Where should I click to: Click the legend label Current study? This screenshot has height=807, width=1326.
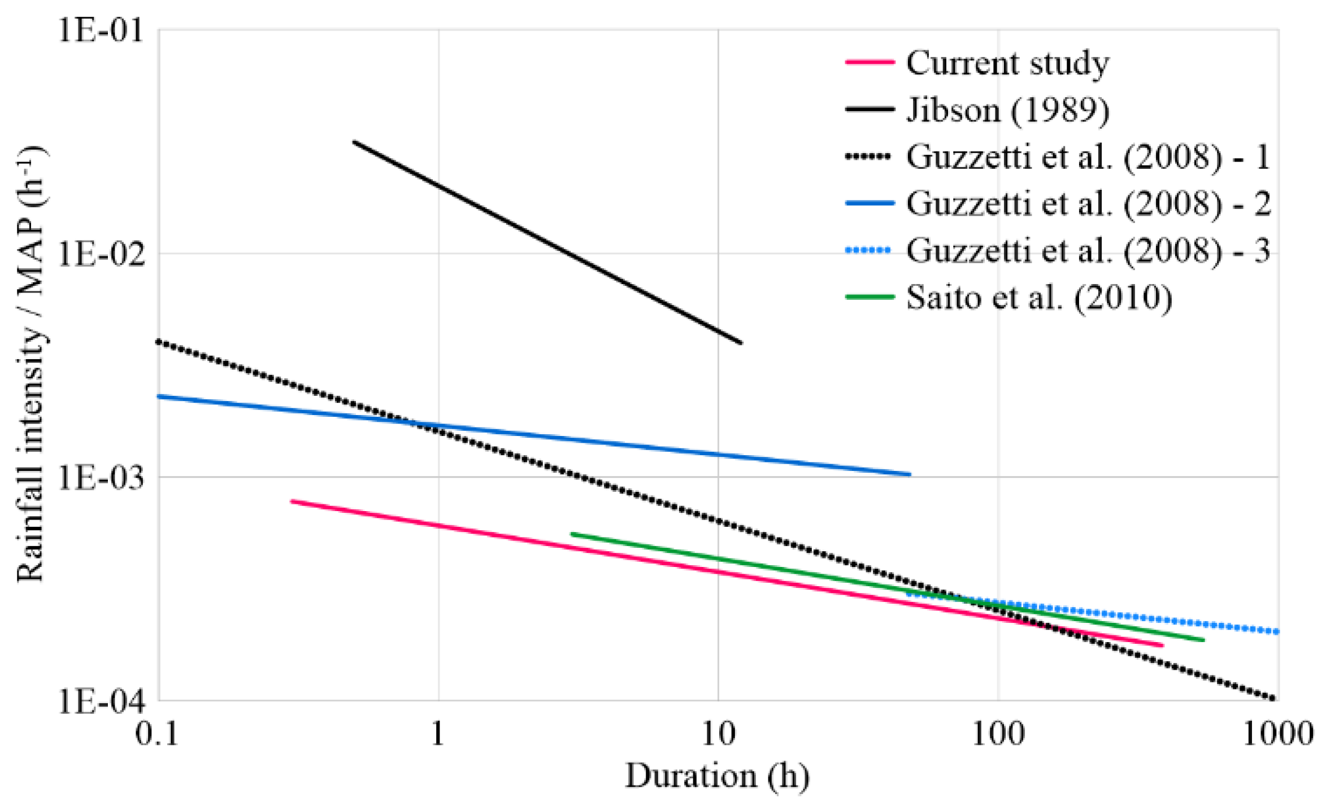[x=1007, y=63]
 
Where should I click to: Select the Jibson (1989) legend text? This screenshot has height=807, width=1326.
[x=1007, y=110]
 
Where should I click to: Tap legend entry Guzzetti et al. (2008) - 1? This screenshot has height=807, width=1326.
[x=1088, y=156]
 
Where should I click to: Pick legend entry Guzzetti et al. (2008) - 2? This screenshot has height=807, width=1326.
[x=1088, y=203]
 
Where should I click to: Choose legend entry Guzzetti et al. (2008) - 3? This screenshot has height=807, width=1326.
[x=1088, y=250]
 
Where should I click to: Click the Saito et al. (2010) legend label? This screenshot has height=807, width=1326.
[x=1038, y=297]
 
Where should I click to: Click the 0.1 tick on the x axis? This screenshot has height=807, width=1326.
[x=156, y=734]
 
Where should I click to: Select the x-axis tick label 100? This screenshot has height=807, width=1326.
[x=998, y=734]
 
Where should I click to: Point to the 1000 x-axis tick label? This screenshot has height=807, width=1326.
[x=1277, y=734]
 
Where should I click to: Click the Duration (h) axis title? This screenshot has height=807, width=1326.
[x=718, y=777]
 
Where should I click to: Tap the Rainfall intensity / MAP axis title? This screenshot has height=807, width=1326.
[x=31, y=364]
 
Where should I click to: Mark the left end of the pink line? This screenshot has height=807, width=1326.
[x=292, y=501]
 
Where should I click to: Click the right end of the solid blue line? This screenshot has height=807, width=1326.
[x=910, y=474]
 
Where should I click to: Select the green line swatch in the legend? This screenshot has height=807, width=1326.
[x=869, y=297]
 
